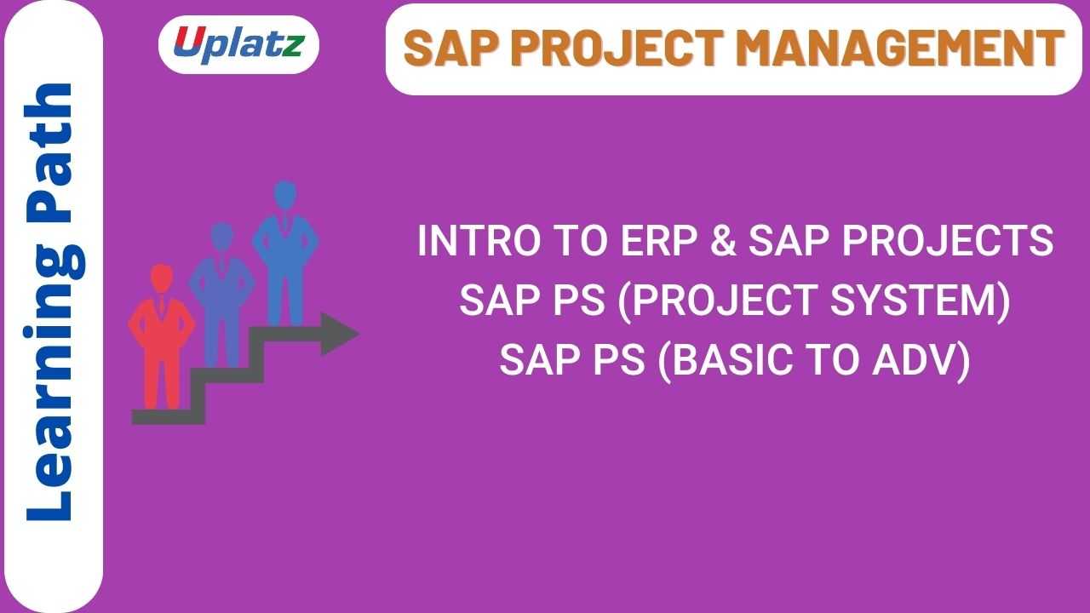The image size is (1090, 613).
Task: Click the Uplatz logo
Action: pyautogui.click(x=238, y=43)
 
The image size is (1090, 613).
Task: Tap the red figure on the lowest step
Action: pyautogui.click(x=162, y=336)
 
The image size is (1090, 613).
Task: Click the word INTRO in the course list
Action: pyautogui.click(x=469, y=242)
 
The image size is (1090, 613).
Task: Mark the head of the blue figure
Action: pyautogui.click(x=285, y=193)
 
